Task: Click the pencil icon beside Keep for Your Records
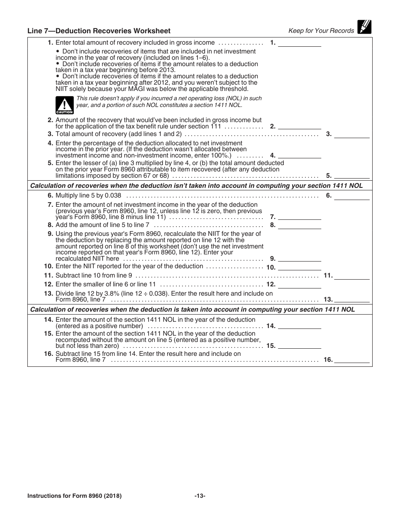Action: [x=364, y=27]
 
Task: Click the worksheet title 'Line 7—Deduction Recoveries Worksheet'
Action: [x=99, y=31]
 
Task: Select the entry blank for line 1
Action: [x=299, y=43]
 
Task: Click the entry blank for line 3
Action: [x=352, y=134]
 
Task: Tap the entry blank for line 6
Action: [x=352, y=196]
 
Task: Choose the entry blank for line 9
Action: [x=299, y=259]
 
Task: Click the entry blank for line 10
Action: [x=299, y=267]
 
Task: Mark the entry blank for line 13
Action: [x=352, y=300]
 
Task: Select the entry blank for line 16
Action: [x=352, y=360]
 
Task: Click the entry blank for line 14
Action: [x=299, y=326]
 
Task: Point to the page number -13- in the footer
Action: [x=200, y=496]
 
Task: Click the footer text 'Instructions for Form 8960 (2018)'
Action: [x=75, y=496]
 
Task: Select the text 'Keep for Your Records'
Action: [x=321, y=31]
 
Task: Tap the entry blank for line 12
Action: [x=299, y=284]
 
